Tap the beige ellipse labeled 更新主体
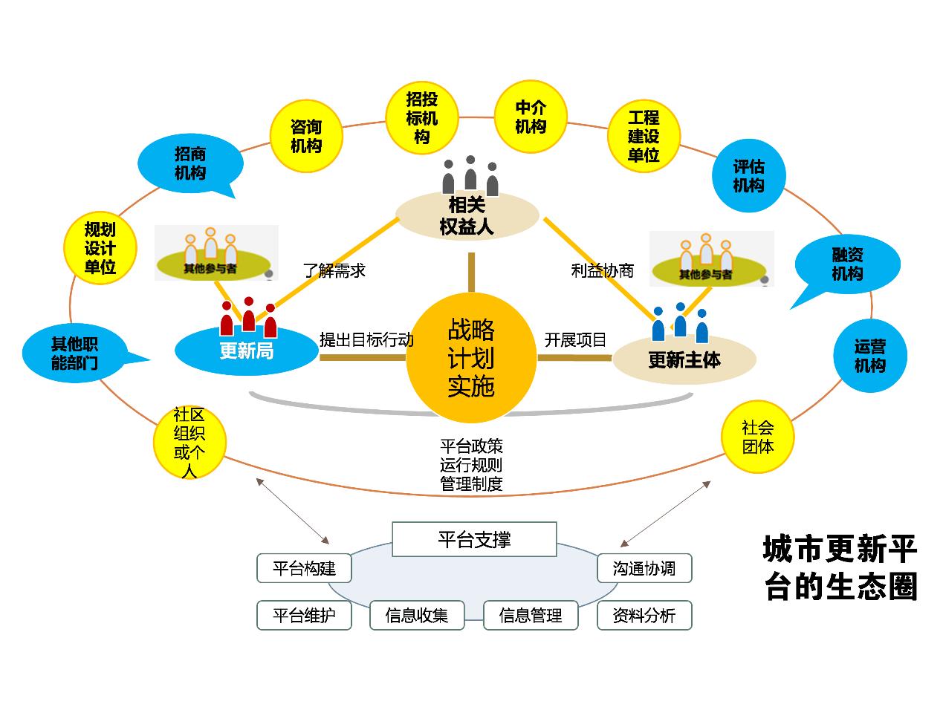[684, 360]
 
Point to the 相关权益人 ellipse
[467, 215]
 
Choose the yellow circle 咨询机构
[306, 136]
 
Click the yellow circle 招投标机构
[421, 118]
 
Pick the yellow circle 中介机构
[531, 117]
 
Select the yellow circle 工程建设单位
[644, 137]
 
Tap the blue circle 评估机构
[748, 176]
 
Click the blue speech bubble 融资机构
[847, 264]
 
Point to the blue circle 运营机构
[869, 356]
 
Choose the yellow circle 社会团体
[758, 437]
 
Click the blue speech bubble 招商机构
[190, 163]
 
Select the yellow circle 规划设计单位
[100, 248]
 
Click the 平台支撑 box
[474, 539]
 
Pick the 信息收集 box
[417, 616]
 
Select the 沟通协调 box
[644, 569]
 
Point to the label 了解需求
[334, 270]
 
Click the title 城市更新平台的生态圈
[840, 568]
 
